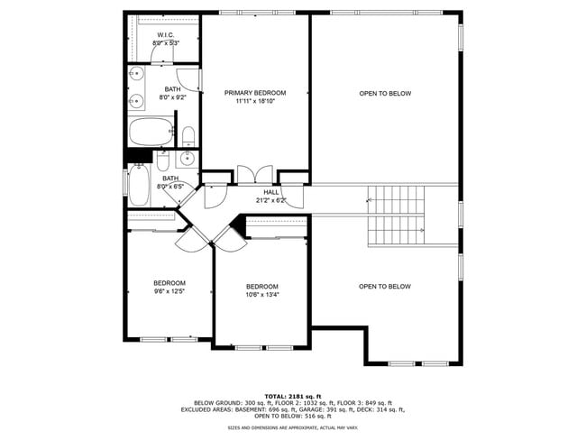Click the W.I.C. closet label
pos(165,35)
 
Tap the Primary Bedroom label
pos(255,93)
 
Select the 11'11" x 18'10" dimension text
pos(255,102)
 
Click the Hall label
pos(271,192)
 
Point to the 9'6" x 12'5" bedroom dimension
pos(169,291)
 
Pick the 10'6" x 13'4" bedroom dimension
pos(262,295)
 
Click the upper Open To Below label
pos(385,93)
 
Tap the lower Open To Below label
pos(385,287)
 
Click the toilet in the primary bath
pos(188,138)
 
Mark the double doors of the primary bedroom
pos(256,174)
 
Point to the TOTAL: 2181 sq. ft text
pos(292,396)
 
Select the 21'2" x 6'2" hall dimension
pos(271,200)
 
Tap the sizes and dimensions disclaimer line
pos(292,428)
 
